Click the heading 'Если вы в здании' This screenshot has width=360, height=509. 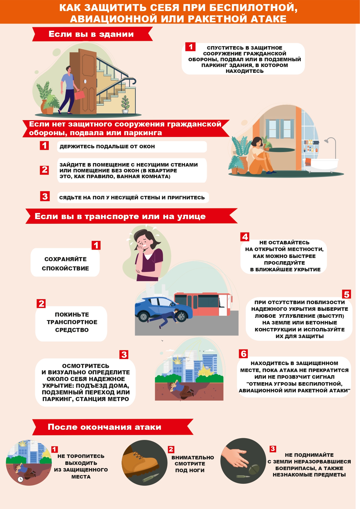click(x=91, y=34)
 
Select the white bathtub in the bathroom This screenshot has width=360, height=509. click(x=321, y=164)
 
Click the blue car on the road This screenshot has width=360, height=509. click(x=162, y=309)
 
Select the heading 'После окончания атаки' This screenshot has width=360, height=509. click(x=104, y=427)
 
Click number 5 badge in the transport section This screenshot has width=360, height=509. click(x=346, y=294)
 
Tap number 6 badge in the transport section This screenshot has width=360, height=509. click(x=243, y=354)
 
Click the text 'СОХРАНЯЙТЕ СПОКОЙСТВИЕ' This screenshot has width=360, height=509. click(x=65, y=263)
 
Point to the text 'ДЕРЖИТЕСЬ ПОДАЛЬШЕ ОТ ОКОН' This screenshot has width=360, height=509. click(x=107, y=147)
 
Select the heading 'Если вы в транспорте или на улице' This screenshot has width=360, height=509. click(x=120, y=216)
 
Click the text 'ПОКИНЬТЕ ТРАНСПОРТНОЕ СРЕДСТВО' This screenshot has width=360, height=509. click(x=72, y=322)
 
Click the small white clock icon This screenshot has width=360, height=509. click(x=20, y=479)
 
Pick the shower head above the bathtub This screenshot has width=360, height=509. click(x=326, y=141)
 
